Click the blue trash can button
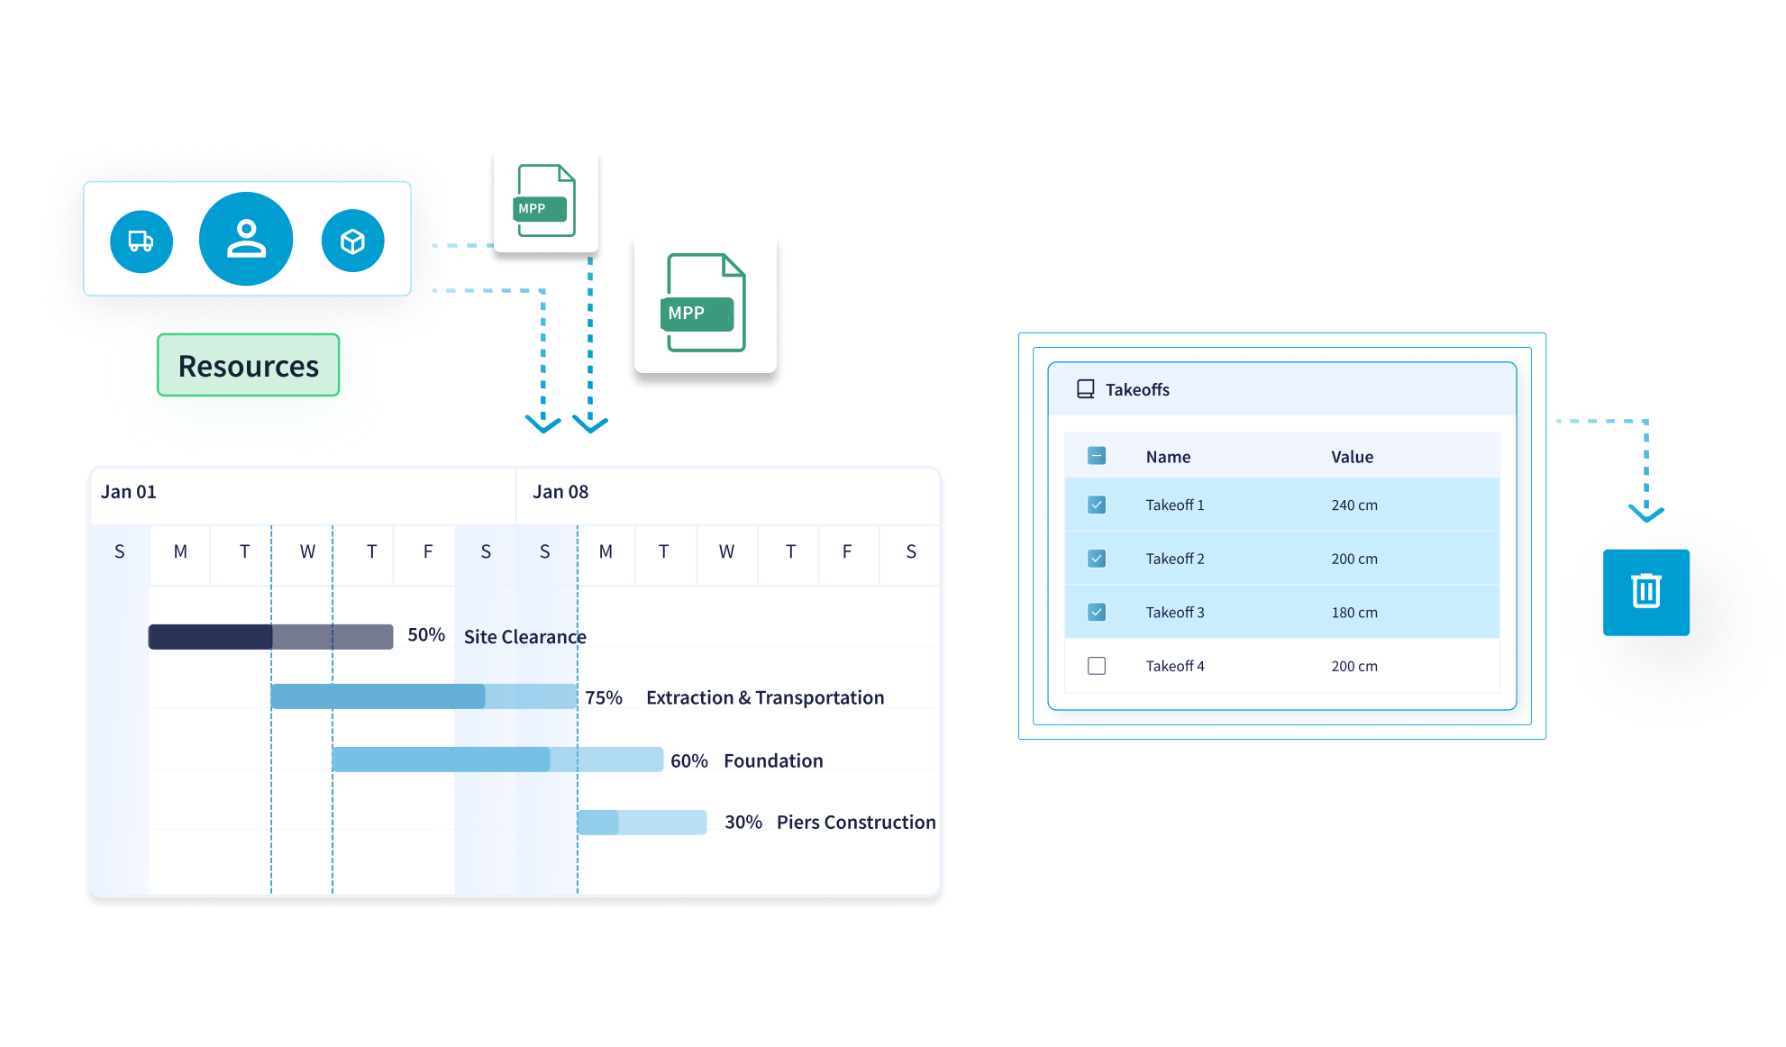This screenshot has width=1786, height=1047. click(x=1645, y=592)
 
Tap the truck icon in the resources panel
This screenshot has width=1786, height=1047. click(x=141, y=241)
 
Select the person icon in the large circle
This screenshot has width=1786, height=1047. click(x=246, y=239)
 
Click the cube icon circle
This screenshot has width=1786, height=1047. click(x=352, y=241)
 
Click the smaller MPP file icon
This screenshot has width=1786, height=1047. click(x=545, y=201)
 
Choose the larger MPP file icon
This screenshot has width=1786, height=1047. click(x=706, y=304)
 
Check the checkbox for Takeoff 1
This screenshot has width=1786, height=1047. click(x=1097, y=505)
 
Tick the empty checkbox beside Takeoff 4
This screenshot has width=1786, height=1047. click(x=1097, y=666)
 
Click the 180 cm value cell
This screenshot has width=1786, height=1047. click(x=1354, y=613)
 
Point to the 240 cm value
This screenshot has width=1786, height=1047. click(x=1354, y=505)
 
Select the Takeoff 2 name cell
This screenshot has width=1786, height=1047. click(x=1175, y=559)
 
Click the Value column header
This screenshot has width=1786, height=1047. click(x=1352, y=457)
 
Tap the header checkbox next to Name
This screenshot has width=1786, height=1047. click(x=1097, y=456)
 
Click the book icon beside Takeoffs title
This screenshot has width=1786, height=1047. click(x=1086, y=389)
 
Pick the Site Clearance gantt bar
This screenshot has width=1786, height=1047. click(x=270, y=637)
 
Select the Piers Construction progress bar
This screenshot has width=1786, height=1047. click(x=642, y=823)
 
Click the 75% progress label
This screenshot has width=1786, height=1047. click(x=604, y=697)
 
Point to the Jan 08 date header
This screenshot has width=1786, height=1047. click(x=560, y=492)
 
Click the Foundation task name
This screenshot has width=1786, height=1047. click(x=773, y=760)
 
